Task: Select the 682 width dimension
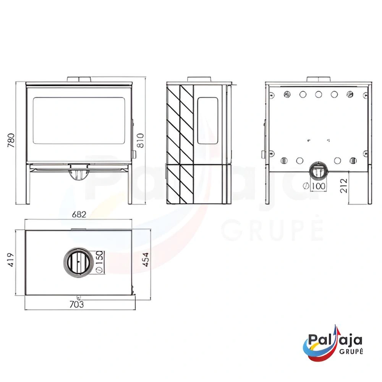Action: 79,215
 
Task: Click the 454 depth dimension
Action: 146,260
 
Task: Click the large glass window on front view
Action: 79,120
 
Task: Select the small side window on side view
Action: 207,120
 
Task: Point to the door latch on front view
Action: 134,154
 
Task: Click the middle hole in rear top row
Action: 318,94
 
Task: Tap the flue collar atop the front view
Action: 79,79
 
